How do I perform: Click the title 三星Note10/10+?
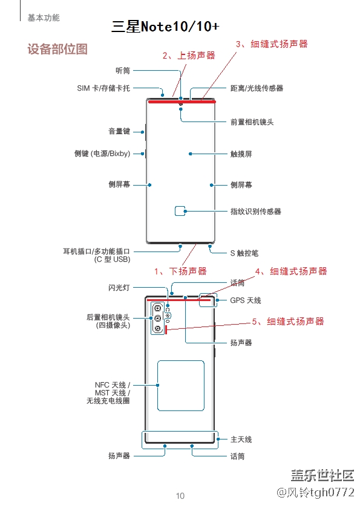[165, 27]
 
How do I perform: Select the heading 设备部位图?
[57, 49]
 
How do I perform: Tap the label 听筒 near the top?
[123, 71]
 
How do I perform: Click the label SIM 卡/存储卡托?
[103, 88]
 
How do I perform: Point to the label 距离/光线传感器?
[257, 88]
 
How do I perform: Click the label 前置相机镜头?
[252, 122]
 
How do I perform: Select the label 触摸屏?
[241, 154]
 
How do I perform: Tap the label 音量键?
[119, 131]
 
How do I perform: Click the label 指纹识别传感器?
[255, 212]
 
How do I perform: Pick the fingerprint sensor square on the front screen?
[180, 211]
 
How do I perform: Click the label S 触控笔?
[244, 253]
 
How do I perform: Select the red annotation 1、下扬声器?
[180, 271]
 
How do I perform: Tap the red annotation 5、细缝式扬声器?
[288, 322]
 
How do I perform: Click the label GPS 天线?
[246, 300]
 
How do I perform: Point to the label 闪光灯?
[119, 288]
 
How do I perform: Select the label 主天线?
[241, 439]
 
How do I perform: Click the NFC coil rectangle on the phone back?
[180, 385]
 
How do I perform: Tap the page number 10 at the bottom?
[180, 496]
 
